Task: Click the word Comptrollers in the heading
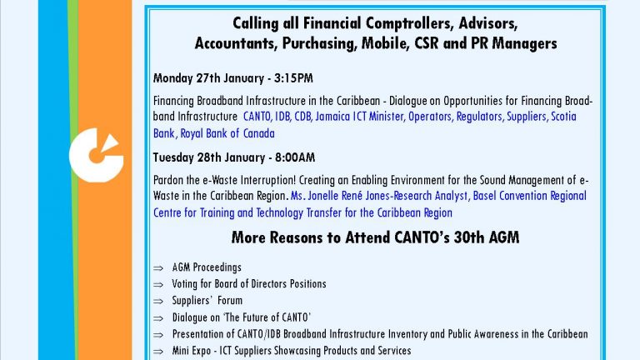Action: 409,23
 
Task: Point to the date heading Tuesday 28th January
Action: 209,157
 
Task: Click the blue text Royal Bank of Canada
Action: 227,133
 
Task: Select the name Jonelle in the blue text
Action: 322,196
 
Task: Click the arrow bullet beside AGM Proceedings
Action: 158,268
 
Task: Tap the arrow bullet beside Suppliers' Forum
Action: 158,302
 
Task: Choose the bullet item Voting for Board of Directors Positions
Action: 249,283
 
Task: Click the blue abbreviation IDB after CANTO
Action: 282,117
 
